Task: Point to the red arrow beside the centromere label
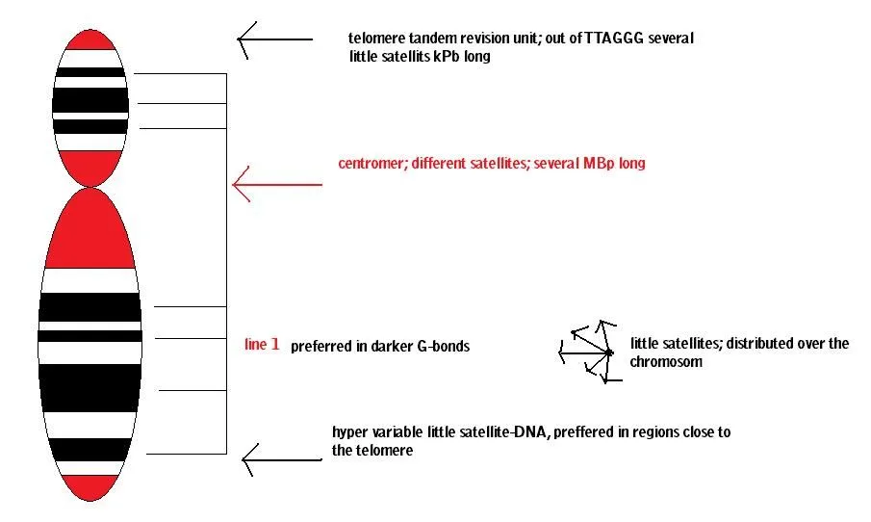[x=277, y=184]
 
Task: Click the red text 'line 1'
[x=262, y=345]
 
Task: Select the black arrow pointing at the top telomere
[x=275, y=39]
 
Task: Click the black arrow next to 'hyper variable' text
[x=282, y=459]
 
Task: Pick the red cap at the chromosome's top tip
[x=90, y=40]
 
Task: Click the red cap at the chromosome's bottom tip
[x=90, y=487]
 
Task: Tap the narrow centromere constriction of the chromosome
[x=90, y=187]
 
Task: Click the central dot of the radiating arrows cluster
[x=609, y=352]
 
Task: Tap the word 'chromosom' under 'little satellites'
[x=666, y=362]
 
